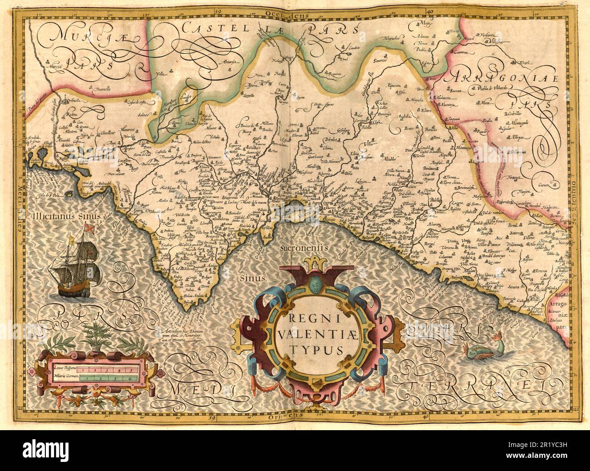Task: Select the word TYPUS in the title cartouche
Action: (309, 349)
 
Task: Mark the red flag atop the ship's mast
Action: (90, 227)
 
